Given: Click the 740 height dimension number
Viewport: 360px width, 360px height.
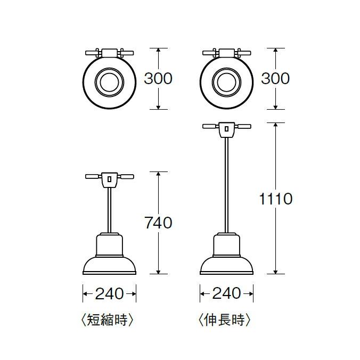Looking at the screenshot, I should coord(158,222).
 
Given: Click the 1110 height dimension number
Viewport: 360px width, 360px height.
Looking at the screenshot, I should coord(275,199).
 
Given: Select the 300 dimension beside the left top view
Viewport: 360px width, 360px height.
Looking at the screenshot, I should coord(158,78).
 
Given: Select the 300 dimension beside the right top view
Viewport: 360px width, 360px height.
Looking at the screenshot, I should coord(275,78).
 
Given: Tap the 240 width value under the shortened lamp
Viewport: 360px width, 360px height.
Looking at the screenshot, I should coord(109,293).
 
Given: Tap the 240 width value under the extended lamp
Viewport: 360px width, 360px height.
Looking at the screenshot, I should coord(226,293).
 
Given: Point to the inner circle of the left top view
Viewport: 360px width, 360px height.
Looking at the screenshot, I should coord(109,83).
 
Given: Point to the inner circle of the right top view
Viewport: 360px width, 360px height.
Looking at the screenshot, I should coord(226,83).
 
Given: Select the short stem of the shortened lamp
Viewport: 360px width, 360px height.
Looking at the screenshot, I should coord(109,210).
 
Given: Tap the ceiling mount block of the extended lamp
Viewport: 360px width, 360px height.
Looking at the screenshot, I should coord(226,129).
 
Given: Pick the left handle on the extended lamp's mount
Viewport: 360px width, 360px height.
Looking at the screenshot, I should coord(210,127).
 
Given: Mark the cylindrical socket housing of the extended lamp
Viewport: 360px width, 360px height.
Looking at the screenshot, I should coord(226,245).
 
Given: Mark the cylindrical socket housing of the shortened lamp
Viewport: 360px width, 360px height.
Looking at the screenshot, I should coord(109,245).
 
